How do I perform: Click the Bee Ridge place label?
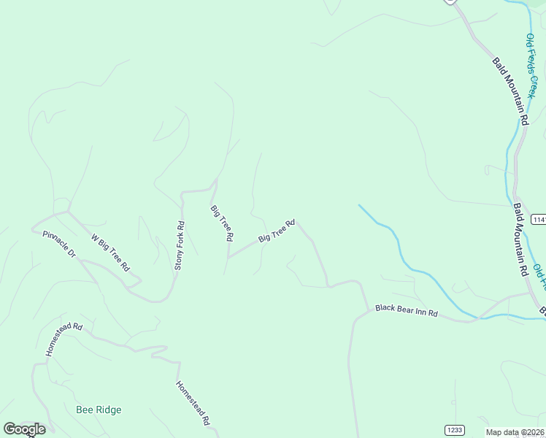click(99, 410)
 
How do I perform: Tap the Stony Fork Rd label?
click(180, 247)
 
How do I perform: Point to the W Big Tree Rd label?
click(109, 253)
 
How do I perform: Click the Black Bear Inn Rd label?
click(406, 310)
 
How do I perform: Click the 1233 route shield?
click(453, 430)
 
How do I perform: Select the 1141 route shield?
click(539, 220)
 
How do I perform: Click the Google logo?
click(24, 429)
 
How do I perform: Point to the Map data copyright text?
click(515, 432)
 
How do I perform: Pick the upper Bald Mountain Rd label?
click(510, 90)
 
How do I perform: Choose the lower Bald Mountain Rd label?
click(520, 239)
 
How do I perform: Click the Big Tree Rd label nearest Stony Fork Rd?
click(222, 223)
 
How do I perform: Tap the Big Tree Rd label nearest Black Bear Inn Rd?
click(277, 231)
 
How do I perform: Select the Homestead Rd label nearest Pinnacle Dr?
click(64, 340)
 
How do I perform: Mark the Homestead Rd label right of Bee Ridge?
click(193, 403)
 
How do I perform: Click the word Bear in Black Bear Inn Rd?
click(405, 310)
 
